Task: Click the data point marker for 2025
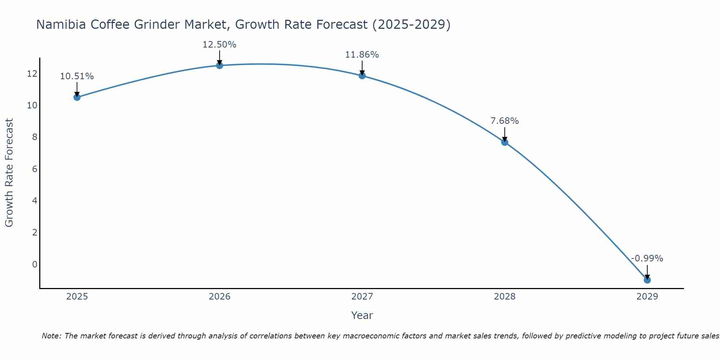(x=77, y=97)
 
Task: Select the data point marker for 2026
(x=219, y=66)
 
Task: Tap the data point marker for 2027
(x=362, y=76)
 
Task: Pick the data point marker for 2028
(x=504, y=142)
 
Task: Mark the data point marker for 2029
(x=647, y=280)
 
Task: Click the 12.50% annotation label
(x=219, y=45)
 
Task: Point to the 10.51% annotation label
(x=77, y=76)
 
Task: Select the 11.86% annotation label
(x=362, y=55)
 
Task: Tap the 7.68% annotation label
(x=504, y=121)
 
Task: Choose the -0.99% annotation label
(x=647, y=258)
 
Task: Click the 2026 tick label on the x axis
(x=219, y=297)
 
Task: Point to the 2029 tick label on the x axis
(x=647, y=297)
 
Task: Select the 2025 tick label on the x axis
(x=77, y=297)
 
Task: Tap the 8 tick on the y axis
(x=35, y=137)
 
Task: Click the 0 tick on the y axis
(x=35, y=265)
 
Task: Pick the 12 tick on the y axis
(x=32, y=74)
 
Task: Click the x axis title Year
(x=362, y=315)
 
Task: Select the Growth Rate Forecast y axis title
(x=9, y=173)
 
